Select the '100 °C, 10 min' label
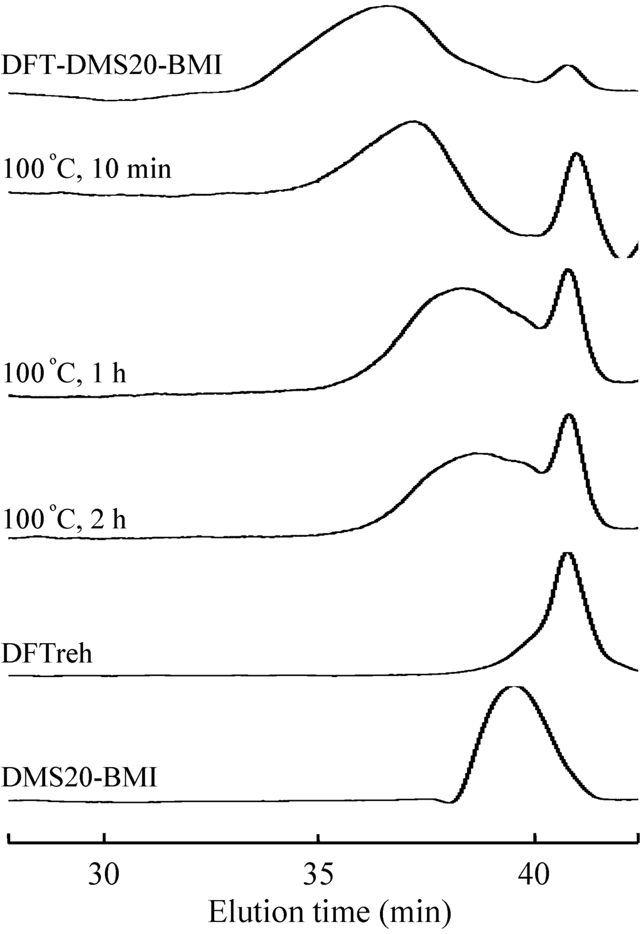87,168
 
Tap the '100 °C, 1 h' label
65,372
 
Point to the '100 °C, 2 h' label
65,519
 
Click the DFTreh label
48,654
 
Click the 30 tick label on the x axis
104,873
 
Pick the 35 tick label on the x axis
319,873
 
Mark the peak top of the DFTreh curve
567,553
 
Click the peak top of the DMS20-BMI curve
514,687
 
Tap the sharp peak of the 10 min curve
576,153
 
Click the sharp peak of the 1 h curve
568,269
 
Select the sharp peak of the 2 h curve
569,415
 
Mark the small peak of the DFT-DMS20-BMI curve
567,65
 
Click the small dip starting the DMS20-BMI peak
450,802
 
